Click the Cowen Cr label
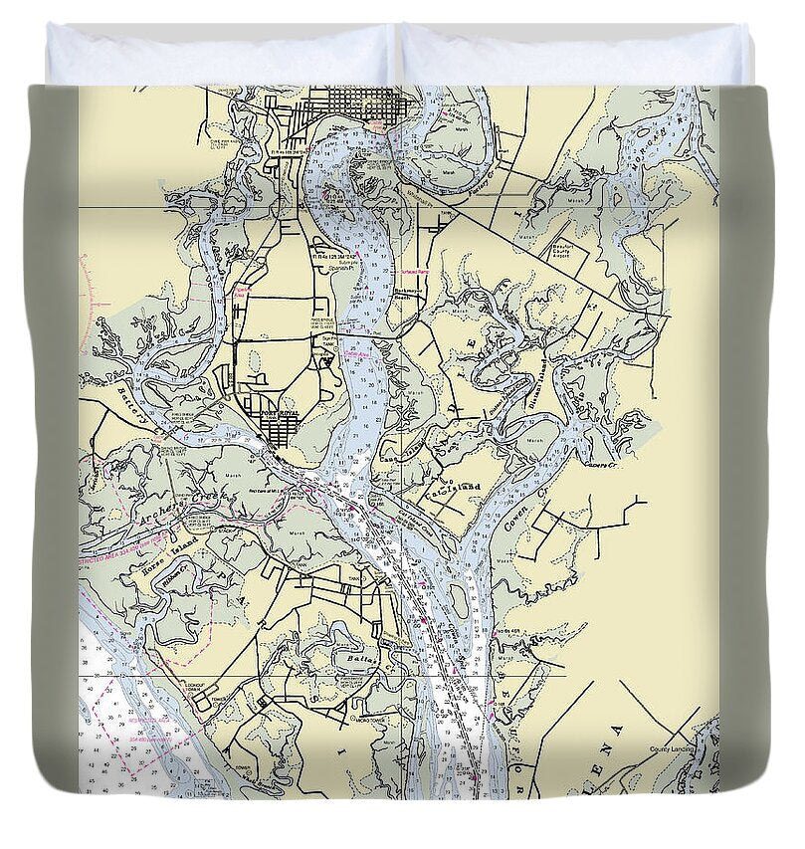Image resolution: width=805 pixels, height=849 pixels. point(519,509)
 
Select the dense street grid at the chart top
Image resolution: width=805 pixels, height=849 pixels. point(353,102)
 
